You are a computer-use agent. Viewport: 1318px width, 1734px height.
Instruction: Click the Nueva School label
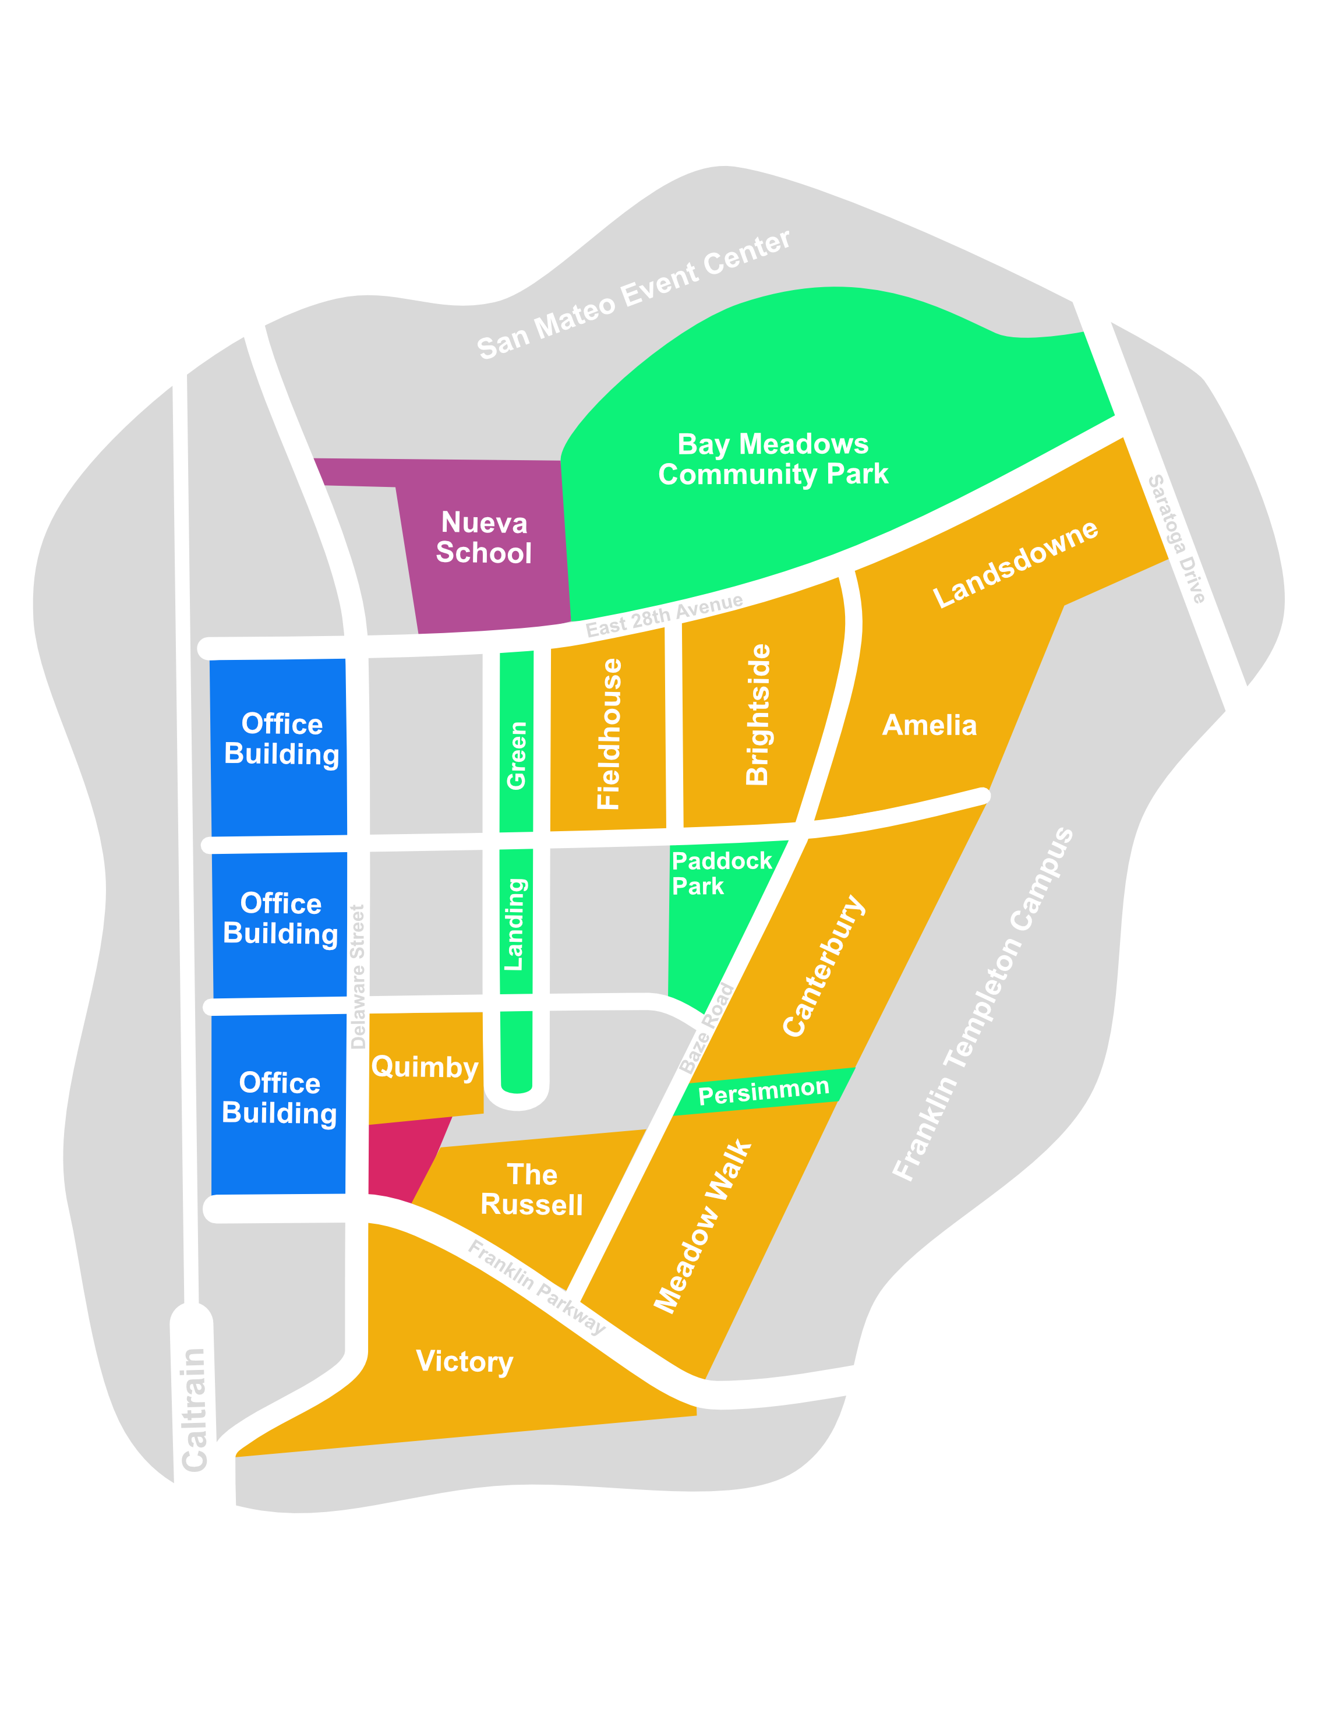tap(483, 538)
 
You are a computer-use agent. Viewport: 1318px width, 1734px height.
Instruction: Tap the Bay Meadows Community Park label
tap(773, 459)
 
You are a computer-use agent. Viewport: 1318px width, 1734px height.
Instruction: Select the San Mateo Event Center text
tap(633, 294)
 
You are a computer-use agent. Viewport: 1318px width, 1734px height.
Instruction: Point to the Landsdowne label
tap(1015, 563)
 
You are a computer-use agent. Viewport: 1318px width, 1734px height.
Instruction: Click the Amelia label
tap(930, 725)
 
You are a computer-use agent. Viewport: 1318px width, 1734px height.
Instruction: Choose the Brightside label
tap(758, 714)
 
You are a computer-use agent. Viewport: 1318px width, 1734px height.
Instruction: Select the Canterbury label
tap(824, 965)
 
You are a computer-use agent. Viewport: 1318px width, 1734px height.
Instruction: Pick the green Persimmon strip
tap(764, 1090)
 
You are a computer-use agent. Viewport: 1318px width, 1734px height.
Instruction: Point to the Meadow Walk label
tap(703, 1226)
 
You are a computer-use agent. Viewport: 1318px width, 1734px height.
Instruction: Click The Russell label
tap(532, 1189)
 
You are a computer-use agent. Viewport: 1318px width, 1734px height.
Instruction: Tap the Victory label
tap(464, 1361)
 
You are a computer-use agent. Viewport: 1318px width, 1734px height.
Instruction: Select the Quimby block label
tap(425, 1067)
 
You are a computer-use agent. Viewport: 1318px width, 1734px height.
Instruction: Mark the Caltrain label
tap(194, 1408)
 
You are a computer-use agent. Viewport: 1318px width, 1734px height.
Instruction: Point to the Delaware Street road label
tap(358, 976)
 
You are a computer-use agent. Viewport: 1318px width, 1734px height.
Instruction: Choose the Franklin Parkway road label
tap(536, 1287)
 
